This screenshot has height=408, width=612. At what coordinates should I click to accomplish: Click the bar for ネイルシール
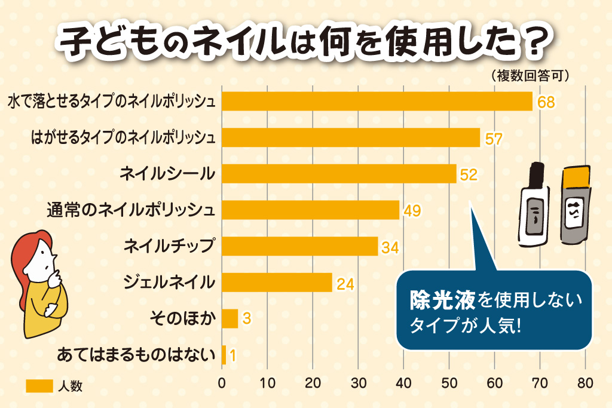pos(339,174)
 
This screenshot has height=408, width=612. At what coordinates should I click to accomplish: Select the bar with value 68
pos(377,102)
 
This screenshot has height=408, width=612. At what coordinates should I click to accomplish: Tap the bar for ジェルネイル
pos(277,283)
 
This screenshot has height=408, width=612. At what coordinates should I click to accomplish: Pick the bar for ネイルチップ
pos(299,246)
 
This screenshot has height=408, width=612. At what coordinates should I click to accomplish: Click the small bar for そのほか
pos(229,318)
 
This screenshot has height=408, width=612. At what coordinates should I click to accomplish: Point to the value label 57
pos(493,139)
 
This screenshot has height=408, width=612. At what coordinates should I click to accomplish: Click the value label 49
pos(412,211)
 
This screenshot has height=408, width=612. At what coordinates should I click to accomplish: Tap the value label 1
pos(232,356)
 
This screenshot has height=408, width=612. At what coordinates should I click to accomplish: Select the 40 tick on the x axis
pos(403,383)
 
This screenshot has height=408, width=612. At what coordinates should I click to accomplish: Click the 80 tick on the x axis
pos(585,383)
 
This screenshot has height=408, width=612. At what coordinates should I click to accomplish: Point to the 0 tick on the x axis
pos(222,383)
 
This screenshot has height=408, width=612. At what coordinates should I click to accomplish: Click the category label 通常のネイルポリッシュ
pos(131,210)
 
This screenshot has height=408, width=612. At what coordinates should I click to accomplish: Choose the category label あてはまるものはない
pos(135,355)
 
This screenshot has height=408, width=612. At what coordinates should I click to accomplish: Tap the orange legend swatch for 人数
pos(39,386)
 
